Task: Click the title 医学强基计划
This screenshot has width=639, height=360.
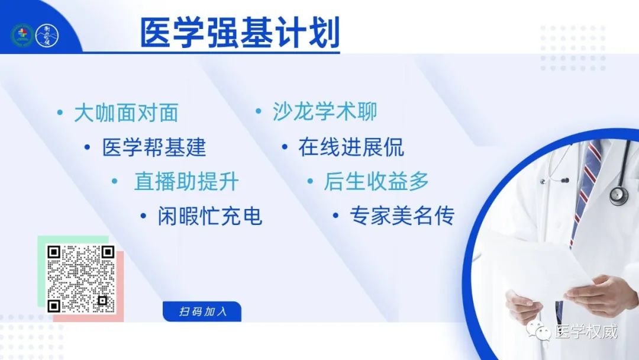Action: [240, 33]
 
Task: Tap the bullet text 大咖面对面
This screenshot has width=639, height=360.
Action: [127, 113]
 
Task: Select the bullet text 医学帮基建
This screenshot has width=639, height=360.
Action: [154, 147]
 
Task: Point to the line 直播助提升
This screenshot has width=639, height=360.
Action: [186, 181]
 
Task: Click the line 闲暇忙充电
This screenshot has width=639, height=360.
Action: [210, 216]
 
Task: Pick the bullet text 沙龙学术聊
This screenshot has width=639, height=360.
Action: [325, 112]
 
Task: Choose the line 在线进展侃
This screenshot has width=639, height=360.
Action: [351, 147]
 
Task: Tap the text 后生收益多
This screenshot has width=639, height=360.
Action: [376, 181]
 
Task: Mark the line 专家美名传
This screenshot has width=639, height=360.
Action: [402, 216]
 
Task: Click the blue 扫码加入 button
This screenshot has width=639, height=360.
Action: [202, 311]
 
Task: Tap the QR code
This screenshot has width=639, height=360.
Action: [80, 279]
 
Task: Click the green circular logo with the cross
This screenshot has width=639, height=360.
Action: [22, 35]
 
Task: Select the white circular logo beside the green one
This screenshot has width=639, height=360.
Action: [47, 35]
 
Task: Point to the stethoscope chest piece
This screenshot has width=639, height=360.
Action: [619, 195]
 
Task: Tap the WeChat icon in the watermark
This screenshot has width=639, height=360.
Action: [538, 330]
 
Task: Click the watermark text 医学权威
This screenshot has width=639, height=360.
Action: [586, 332]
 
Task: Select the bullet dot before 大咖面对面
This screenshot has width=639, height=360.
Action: [60, 112]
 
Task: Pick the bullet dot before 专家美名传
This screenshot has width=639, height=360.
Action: [335, 216]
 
